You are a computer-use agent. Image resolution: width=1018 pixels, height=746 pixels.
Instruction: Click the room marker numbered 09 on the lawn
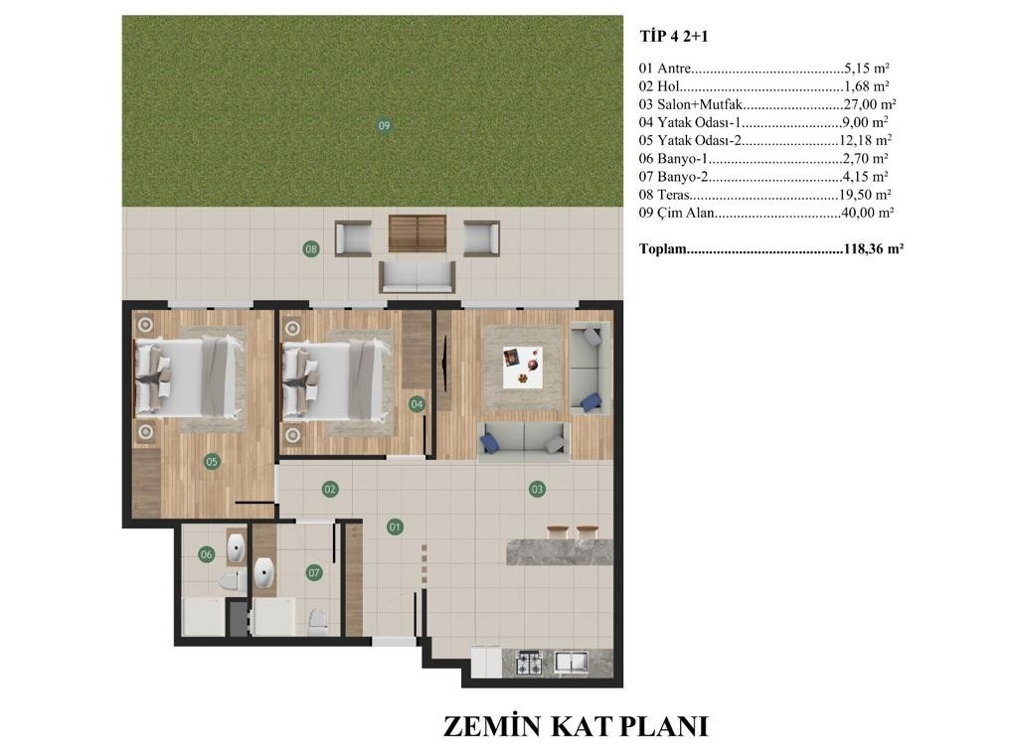384,125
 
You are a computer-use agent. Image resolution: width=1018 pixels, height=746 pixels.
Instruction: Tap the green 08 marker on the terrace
311,248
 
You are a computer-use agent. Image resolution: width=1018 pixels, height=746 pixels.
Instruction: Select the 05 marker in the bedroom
212,462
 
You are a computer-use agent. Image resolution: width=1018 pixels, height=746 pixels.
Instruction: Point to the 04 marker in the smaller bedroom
417,404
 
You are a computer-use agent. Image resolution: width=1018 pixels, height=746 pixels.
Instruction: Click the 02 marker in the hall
330,489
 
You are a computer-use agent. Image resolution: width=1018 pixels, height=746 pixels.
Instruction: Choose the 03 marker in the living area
537,489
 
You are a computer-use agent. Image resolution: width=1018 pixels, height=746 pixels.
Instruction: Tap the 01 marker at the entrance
395,527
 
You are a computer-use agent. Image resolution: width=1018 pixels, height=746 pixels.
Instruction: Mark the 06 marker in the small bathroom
207,554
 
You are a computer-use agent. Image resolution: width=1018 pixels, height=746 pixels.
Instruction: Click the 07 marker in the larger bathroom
314,573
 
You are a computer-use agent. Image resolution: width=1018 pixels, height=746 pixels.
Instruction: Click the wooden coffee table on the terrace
418,233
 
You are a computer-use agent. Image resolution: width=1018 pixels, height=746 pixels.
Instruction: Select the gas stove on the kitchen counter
529,663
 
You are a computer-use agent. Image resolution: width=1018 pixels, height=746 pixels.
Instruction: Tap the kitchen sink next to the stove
572,662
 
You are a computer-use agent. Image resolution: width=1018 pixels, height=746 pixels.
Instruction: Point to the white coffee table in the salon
523,368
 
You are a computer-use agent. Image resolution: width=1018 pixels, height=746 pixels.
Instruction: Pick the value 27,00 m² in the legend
870,103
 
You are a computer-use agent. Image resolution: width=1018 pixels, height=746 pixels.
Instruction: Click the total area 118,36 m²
874,248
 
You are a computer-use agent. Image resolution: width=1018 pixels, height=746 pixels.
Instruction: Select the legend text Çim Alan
676,213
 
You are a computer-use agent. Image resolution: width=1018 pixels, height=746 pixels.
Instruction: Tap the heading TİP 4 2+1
674,37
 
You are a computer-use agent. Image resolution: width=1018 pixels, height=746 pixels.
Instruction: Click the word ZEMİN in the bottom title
493,726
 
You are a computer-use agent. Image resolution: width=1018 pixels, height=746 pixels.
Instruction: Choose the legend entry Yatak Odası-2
699,140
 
